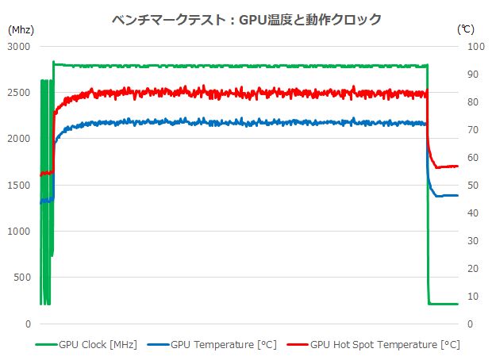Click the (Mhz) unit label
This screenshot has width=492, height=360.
tap(21, 29)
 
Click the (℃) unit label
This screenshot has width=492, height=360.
tap(466, 29)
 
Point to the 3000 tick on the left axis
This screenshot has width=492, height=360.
tap(17, 47)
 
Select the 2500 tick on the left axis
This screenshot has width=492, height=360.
tap(17, 94)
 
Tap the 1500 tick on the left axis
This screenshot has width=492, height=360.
tap(17, 186)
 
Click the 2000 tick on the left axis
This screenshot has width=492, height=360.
tap(17, 140)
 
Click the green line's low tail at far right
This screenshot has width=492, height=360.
tap(444, 304)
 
